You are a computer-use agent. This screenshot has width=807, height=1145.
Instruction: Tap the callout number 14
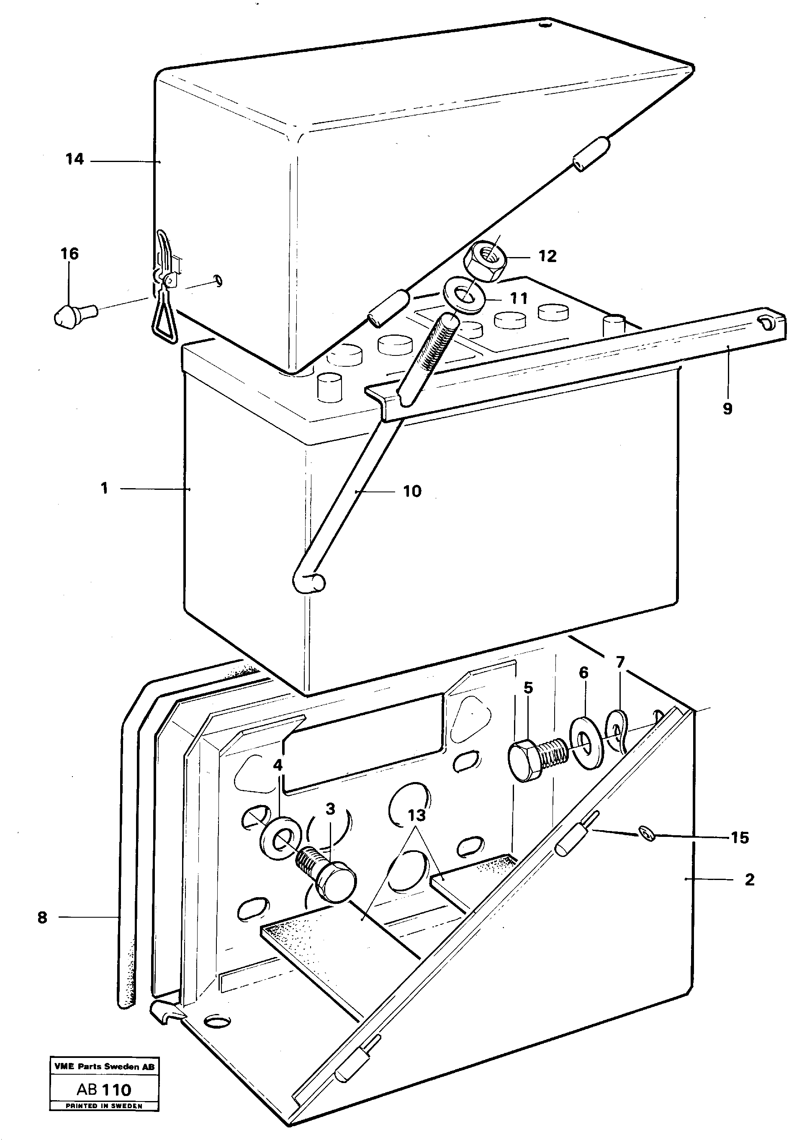(x=75, y=160)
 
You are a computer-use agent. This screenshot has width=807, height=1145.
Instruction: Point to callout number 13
(x=417, y=816)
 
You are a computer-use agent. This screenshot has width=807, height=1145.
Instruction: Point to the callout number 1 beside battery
(x=104, y=488)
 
